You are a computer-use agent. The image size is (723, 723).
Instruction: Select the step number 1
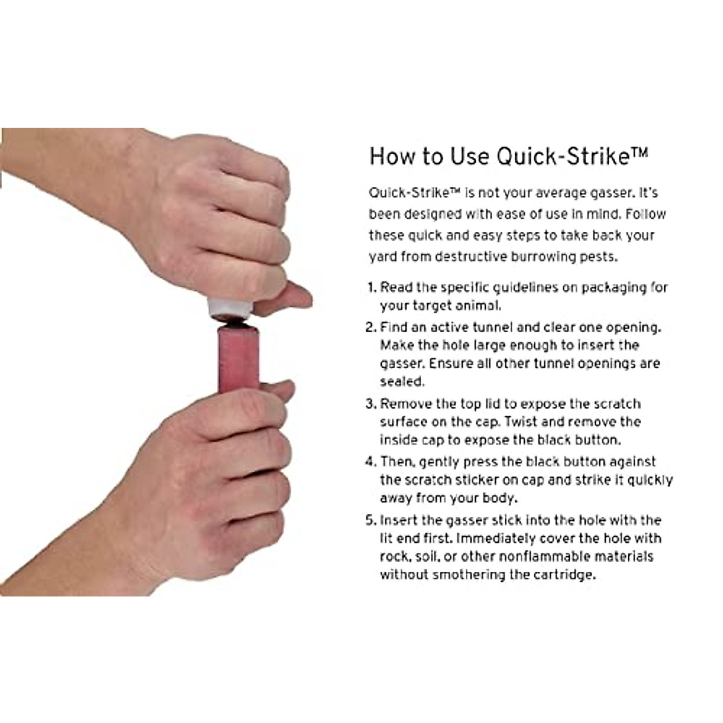[372, 287]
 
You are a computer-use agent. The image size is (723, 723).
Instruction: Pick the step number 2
[371, 328]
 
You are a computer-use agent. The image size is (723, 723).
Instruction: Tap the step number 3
[371, 404]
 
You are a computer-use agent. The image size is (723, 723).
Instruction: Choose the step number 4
[371, 462]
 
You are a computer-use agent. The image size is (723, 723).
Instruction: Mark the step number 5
[371, 521]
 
